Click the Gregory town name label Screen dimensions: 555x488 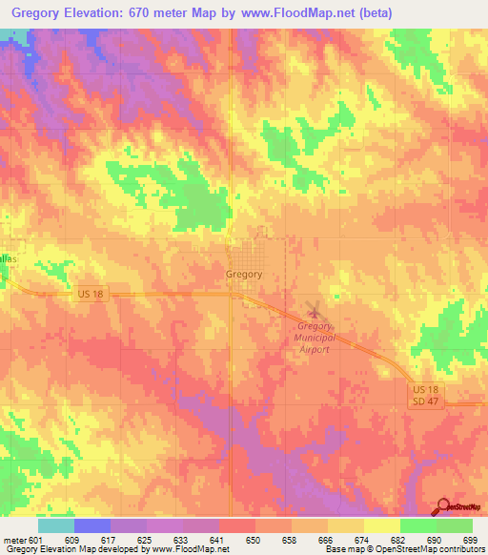(x=244, y=274)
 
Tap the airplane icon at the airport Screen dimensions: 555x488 (x=315, y=311)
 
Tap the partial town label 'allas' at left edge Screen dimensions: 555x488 (x=9, y=258)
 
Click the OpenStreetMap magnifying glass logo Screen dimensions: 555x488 (x=442, y=508)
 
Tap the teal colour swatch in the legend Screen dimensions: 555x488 (x=56, y=525)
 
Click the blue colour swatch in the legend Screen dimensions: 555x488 (x=92, y=525)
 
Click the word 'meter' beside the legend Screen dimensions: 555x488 (x=14, y=539)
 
